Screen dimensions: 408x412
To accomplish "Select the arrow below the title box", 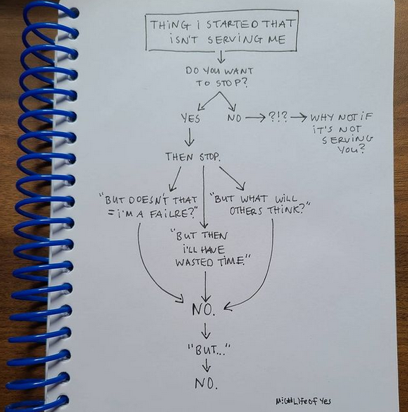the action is (x=221, y=57).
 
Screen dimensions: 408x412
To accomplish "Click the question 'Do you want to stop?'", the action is (x=220, y=77).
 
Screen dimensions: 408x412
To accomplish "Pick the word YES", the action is (x=191, y=118).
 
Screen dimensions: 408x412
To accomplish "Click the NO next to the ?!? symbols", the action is (x=234, y=118).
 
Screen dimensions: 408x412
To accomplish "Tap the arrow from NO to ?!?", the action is (x=255, y=118).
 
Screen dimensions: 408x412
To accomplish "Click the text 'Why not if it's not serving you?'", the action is (x=342, y=133).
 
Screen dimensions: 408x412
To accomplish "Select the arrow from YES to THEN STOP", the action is (x=189, y=137).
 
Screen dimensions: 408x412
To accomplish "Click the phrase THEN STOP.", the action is (x=193, y=157).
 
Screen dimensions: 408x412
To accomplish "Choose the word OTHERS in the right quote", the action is (x=246, y=211).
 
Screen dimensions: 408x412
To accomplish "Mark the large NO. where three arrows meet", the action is (x=203, y=310).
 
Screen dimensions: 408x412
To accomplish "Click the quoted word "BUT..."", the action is (x=209, y=349).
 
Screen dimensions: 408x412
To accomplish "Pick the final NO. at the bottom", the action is (x=206, y=384).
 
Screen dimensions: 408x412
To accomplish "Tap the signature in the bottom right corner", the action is (x=303, y=401).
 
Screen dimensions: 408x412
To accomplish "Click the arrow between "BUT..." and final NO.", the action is (x=207, y=365).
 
